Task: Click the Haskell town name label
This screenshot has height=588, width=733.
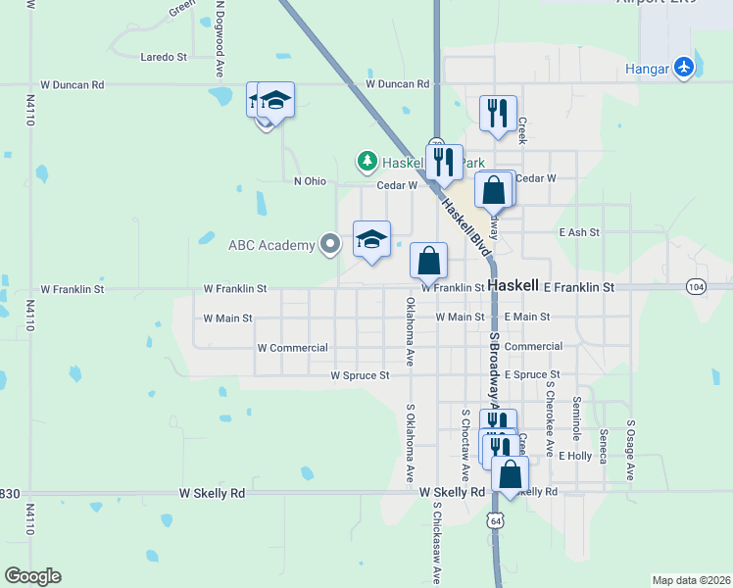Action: click(x=513, y=285)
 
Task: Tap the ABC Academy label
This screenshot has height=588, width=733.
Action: click(x=270, y=244)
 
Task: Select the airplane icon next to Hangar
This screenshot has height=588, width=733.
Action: click(x=683, y=68)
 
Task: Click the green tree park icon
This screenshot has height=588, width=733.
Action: click(x=366, y=160)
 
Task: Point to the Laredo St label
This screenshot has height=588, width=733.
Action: click(x=164, y=58)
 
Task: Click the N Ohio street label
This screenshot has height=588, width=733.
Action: click(x=310, y=181)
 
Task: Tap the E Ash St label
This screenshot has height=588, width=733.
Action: click(x=578, y=233)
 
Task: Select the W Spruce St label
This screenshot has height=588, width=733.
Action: click(x=360, y=375)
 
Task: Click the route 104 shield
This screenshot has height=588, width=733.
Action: click(x=695, y=287)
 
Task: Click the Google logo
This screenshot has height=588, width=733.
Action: click(x=32, y=576)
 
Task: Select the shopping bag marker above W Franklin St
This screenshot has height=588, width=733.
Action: click(x=428, y=261)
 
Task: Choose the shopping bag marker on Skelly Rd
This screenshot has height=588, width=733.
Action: click(x=510, y=474)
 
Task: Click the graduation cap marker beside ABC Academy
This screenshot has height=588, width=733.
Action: click(x=371, y=239)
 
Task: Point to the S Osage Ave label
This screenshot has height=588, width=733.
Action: click(x=631, y=450)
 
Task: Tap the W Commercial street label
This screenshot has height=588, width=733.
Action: click(x=292, y=348)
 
